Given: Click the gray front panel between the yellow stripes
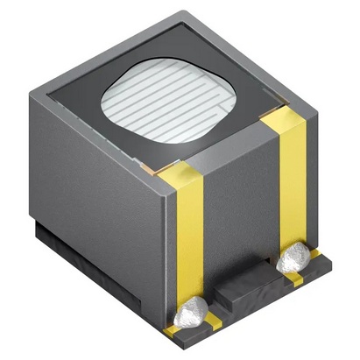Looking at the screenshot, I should (x=241, y=210).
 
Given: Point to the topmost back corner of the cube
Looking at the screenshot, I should (x=185, y=12).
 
